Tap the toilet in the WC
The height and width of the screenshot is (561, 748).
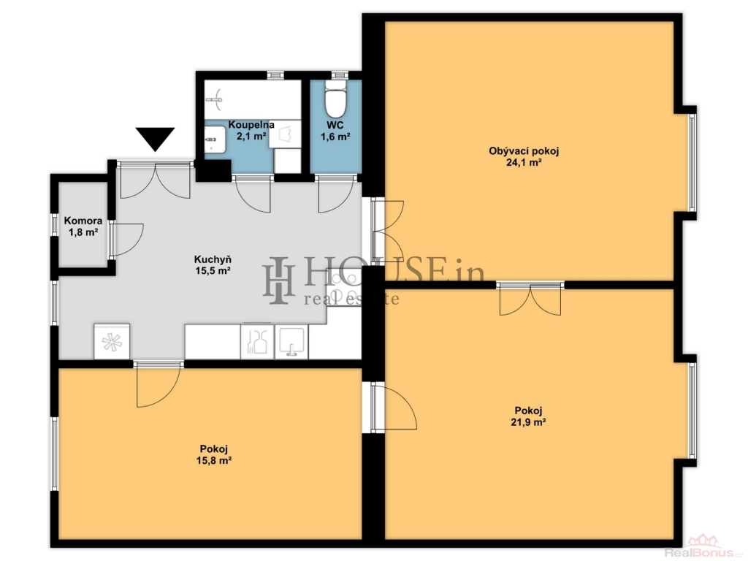point(335,99)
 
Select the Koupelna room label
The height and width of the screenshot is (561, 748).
point(251,125)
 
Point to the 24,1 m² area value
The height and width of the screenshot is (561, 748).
point(524,162)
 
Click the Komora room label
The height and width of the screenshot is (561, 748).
point(83,221)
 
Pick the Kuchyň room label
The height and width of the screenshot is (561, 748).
point(213,259)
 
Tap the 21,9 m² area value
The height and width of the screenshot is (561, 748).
point(529,422)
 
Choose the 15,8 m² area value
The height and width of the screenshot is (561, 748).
point(214,460)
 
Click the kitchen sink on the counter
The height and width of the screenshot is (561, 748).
point(291,342)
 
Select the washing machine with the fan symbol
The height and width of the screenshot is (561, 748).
point(112,342)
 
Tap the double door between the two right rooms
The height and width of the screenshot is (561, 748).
point(530,299)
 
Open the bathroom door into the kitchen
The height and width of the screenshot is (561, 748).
point(253,194)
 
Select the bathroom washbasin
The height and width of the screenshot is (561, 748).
point(215,140)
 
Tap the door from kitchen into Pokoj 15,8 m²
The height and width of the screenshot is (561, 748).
point(159,384)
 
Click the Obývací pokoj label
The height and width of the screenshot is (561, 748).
point(524,151)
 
